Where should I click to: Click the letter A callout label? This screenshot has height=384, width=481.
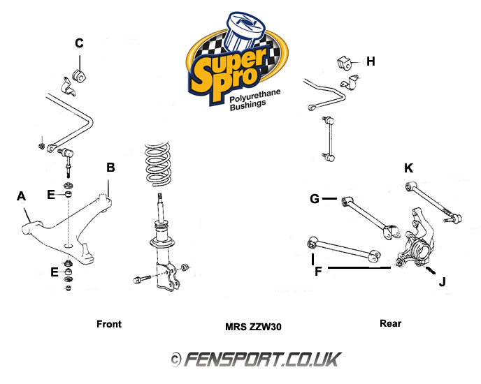click(x=22, y=197)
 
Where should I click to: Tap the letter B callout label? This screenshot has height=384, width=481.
click(x=110, y=168)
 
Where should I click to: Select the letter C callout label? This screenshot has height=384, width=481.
click(x=79, y=43)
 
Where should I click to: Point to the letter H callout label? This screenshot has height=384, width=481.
click(x=371, y=61)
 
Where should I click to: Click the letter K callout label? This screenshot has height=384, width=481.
click(x=409, y=168)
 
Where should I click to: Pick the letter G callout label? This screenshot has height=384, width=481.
click(x=315, y=200)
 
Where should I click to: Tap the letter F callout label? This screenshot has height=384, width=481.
click(x=318, y=269)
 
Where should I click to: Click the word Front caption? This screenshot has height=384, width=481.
click(x=108, y=324)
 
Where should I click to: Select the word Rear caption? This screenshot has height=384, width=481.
click(x=390, y=323)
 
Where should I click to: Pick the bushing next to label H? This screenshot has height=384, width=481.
click(x=345, y=61)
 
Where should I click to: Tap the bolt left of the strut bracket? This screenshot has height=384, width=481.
click(x=138, y=280)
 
